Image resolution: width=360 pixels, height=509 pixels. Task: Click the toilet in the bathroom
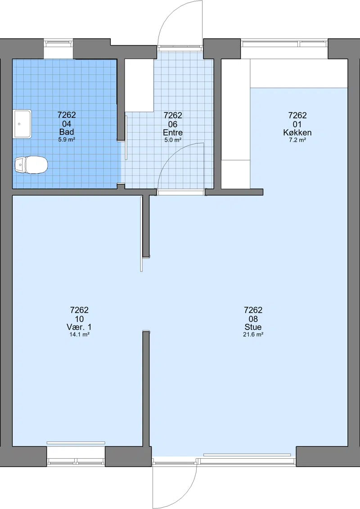[31, 165]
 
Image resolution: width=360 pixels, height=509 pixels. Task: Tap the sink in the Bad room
[22, 124]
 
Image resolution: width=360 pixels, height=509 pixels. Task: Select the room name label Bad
[67, 132]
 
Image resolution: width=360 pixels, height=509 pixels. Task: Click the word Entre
[173, 133]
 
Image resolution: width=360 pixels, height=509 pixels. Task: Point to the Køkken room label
[297, 133]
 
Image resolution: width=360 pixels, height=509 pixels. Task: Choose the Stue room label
[253, 327]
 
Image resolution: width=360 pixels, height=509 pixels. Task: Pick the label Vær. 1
[79, 327]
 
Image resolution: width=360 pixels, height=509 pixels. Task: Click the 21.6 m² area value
[253, 335]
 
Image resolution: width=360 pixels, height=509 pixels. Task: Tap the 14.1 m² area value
[79, 335]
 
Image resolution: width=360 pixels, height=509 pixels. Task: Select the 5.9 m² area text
[67, 139]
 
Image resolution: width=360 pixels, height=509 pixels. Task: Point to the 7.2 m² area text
[297, 140]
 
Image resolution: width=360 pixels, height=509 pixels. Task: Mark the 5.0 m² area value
[173, 140]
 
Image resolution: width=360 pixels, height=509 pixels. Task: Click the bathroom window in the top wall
[58, 42]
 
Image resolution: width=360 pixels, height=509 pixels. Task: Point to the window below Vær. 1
[76, 460]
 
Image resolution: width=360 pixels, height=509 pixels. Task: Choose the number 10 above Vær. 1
[79, 319]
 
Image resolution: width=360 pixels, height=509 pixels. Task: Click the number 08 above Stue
[253, 319]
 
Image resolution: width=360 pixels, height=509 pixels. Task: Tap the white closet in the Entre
[139, 85]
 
